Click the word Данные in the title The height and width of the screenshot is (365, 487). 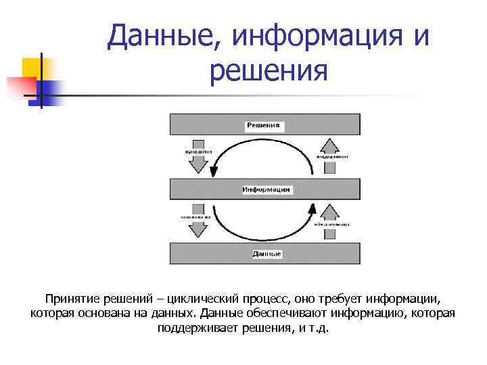[160, 35]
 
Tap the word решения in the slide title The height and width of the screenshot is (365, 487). [269, 70]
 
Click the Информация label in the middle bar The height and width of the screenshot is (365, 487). [266, 190]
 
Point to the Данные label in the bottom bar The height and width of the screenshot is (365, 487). [266, 254]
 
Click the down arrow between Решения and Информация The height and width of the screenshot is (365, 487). [198, 157]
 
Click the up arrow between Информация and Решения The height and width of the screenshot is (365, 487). [329, 155]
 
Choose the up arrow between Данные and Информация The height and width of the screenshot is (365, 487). [329, 221]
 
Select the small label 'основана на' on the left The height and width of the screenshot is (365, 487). [195, 217]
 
